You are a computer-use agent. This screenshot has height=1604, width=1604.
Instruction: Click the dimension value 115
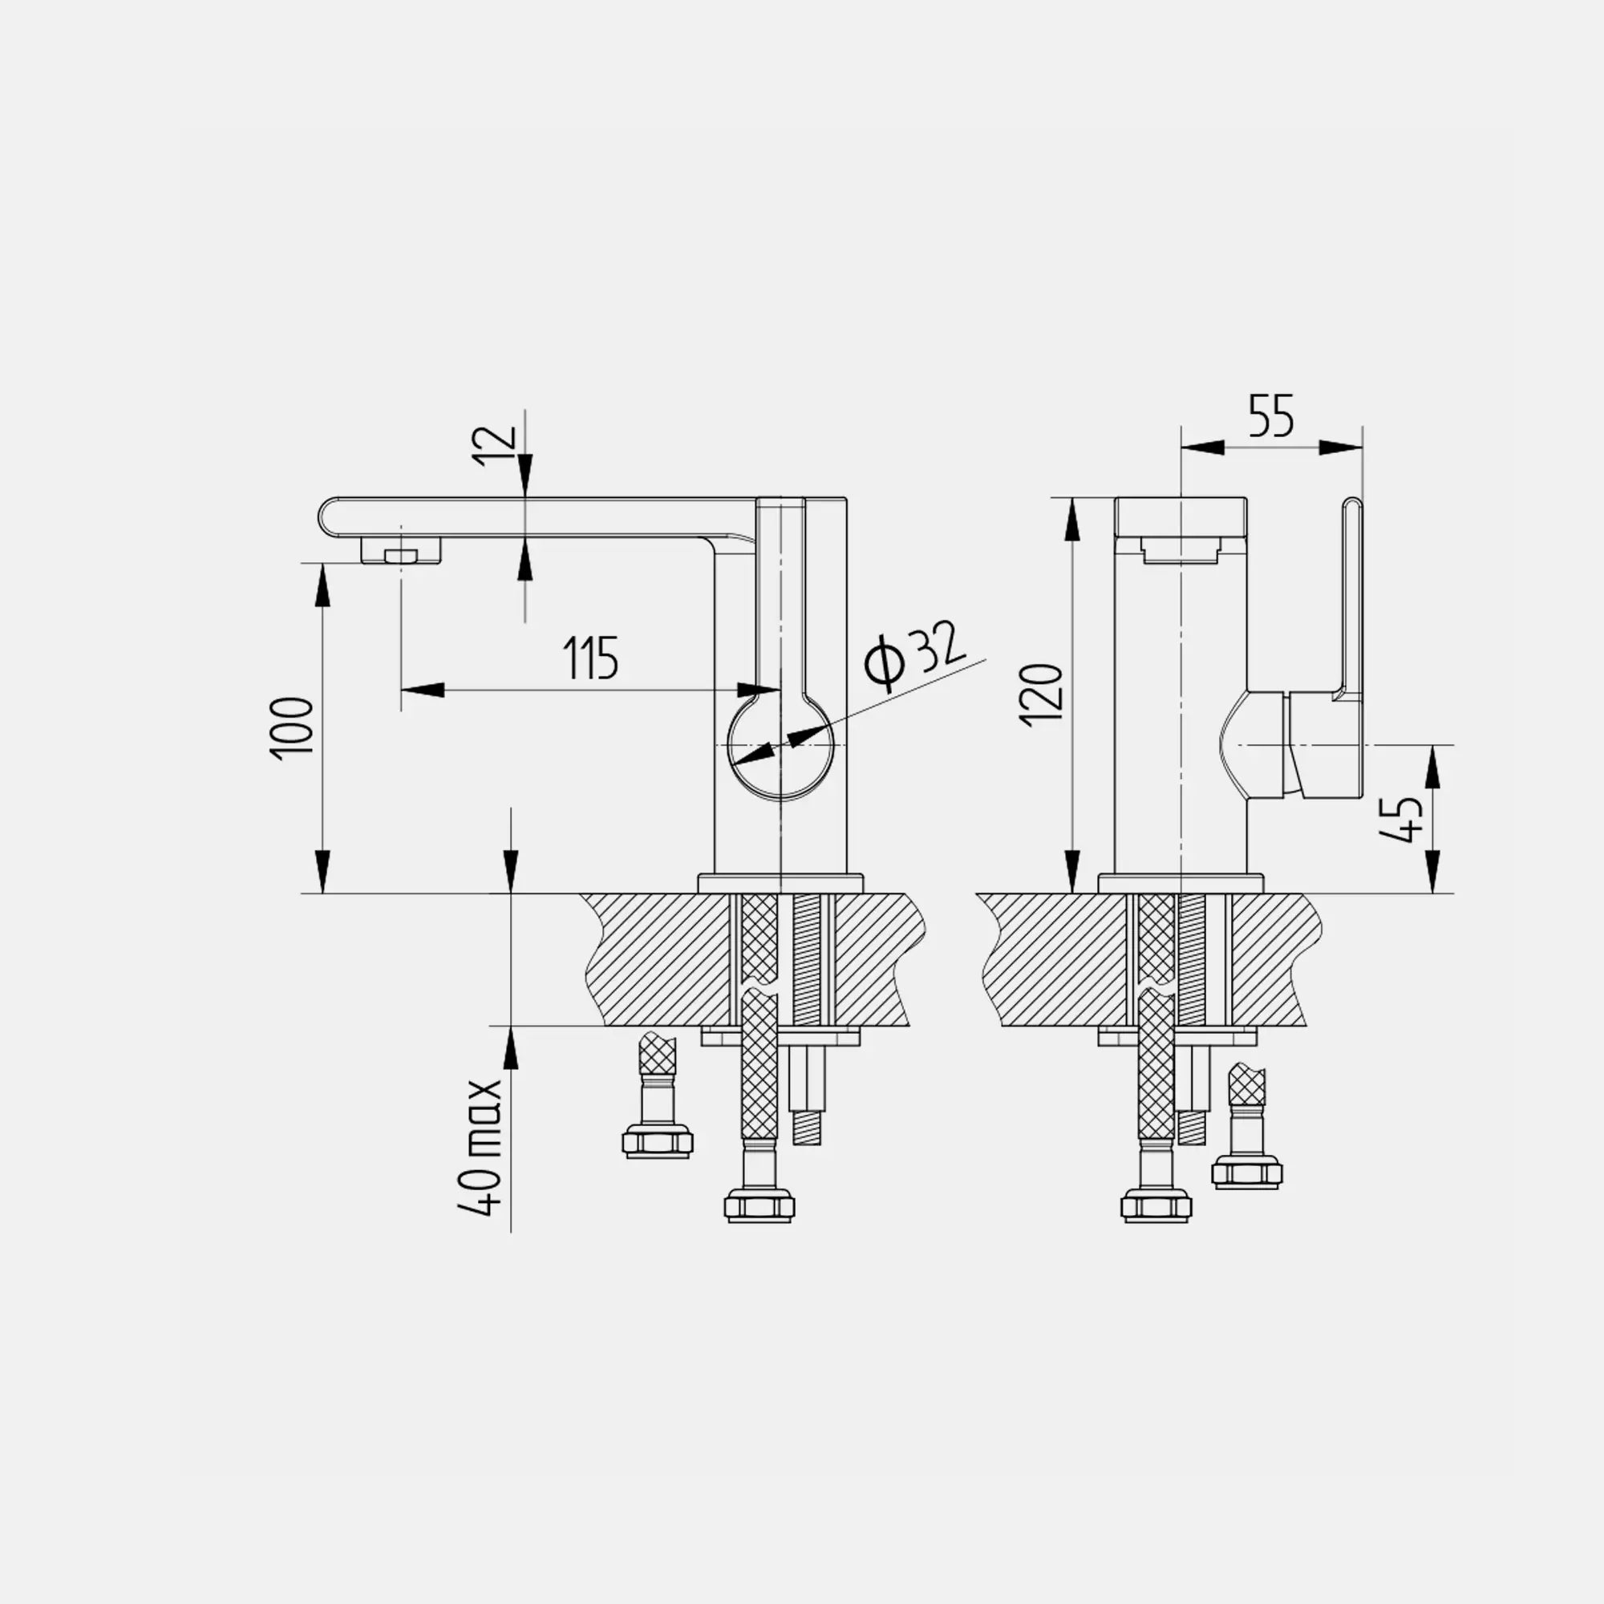click(591, 658)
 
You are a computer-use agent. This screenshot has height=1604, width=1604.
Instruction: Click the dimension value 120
click(1042, 695)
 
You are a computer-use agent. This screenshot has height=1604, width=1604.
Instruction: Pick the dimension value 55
click(1271, 416)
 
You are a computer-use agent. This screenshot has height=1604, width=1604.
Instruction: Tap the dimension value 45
click(1400, 820)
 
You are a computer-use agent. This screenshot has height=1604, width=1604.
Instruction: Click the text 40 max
click(480, 1147)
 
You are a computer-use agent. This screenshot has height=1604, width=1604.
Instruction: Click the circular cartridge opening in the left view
click(780, 747)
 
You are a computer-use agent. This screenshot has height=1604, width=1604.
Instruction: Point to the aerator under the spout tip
click(400, 550)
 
